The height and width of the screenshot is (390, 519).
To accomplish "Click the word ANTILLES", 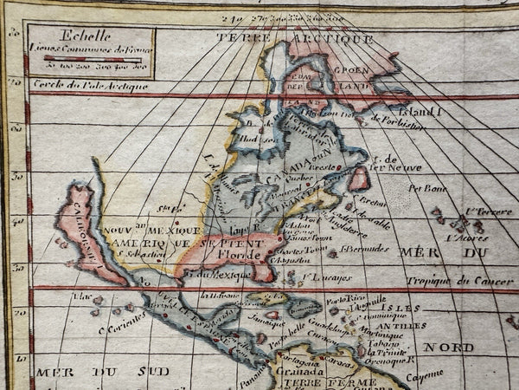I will (397, 325).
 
